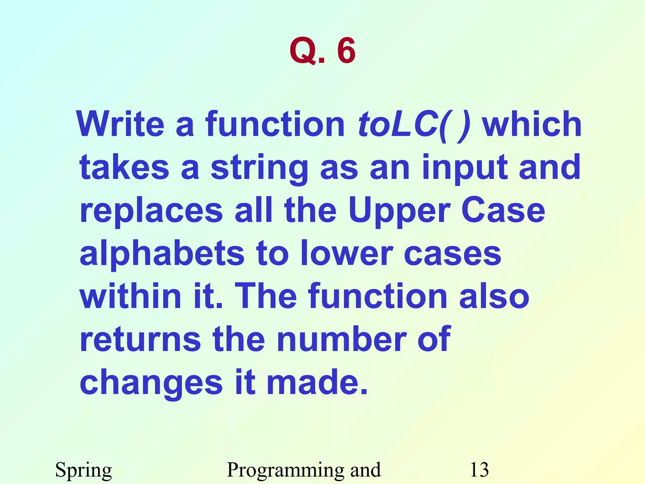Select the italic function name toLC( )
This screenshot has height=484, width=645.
[x=414, y=124]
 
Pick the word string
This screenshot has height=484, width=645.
[x=260, y=168]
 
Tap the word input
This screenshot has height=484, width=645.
[x=464, y=168]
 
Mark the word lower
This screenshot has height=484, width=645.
[x=346, y=254]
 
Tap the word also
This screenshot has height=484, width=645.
[x=494, y=296]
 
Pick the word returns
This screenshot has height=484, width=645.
[x=140, y=339]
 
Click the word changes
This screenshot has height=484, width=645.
[x=151, y=383]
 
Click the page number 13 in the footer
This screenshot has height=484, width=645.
[x=479, y=470]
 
